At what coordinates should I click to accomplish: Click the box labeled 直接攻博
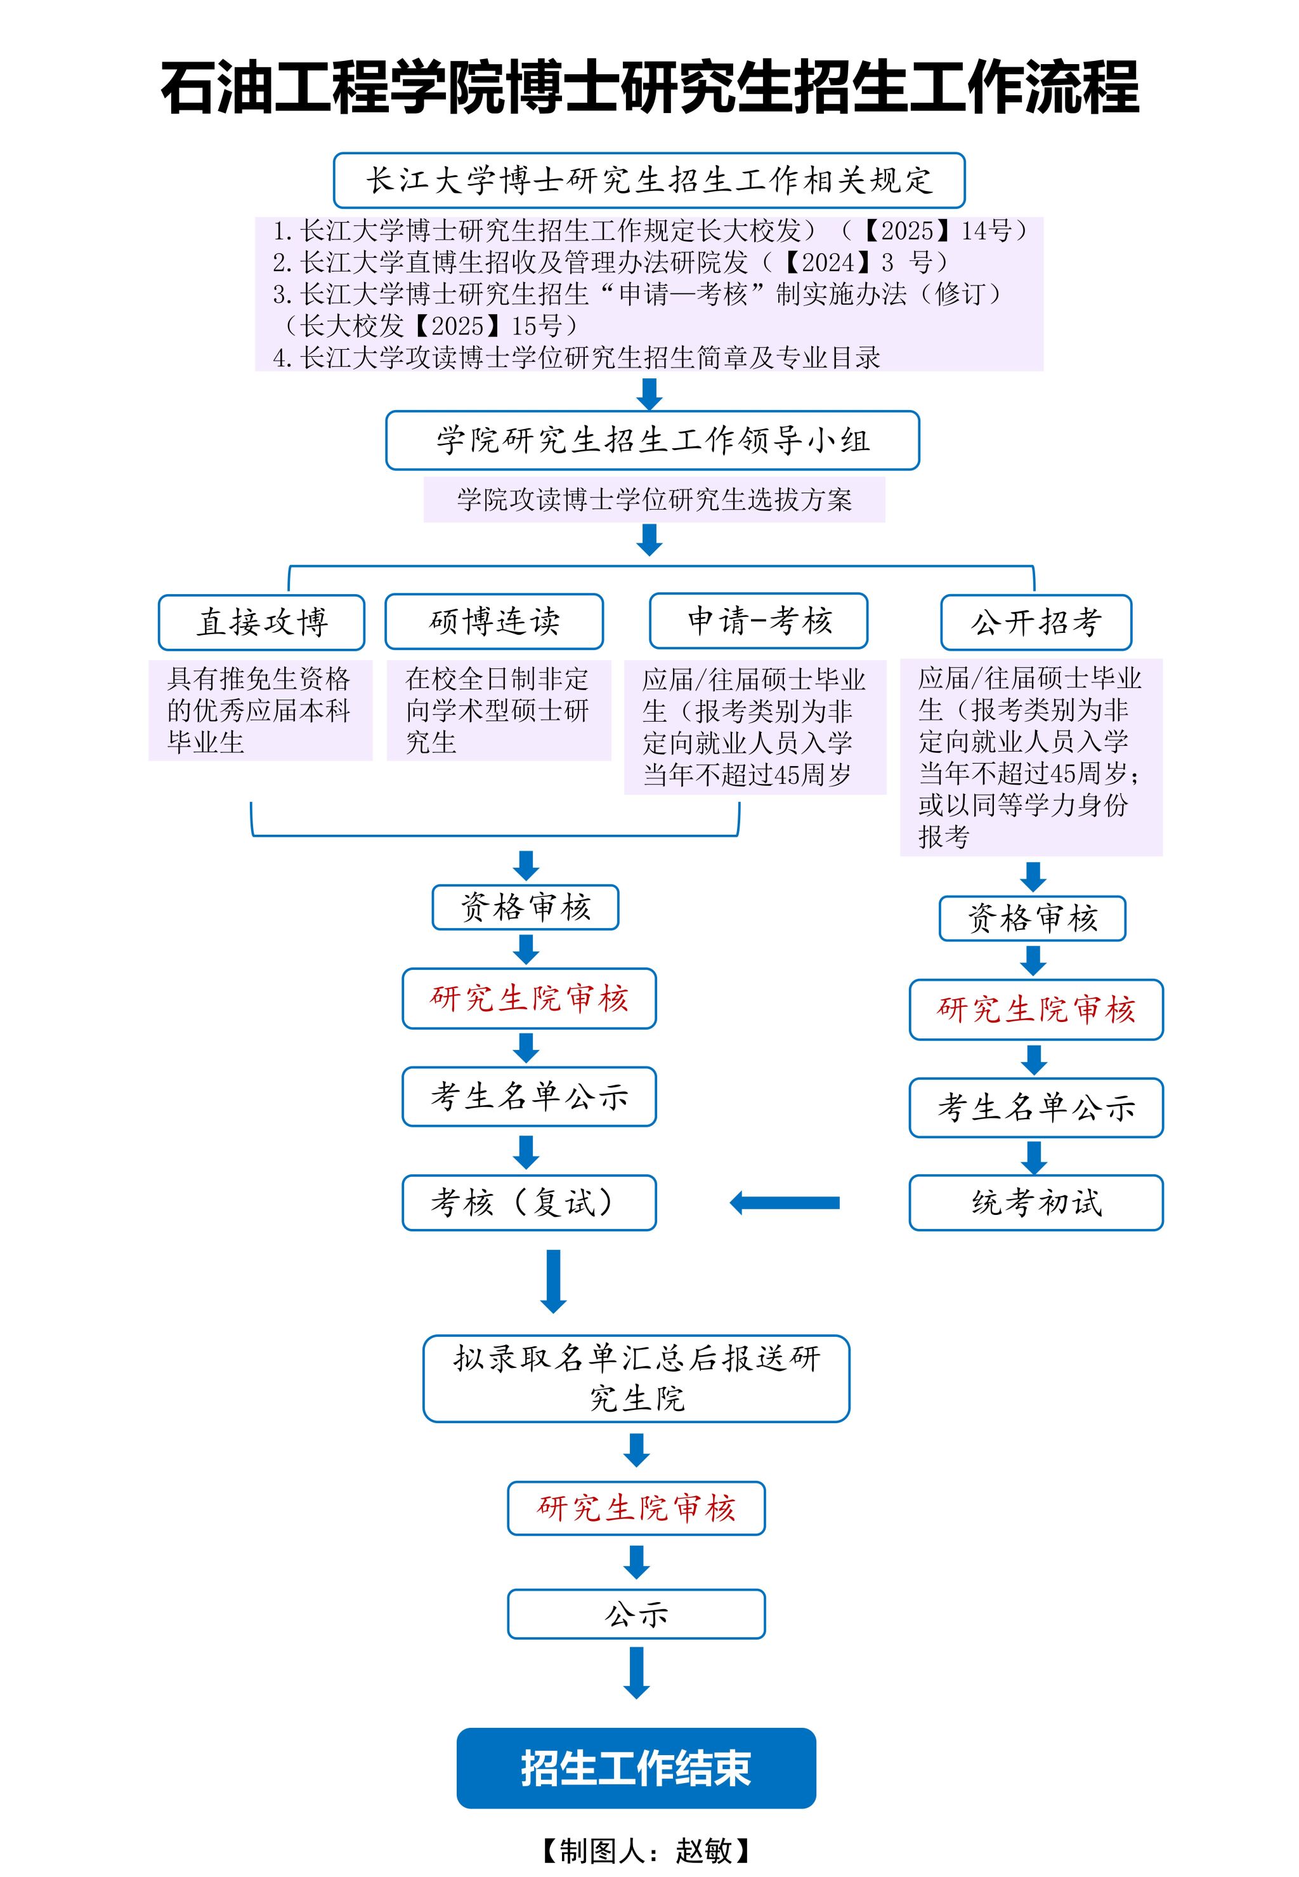coord(261,622)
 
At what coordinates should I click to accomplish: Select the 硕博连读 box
coord(494,621)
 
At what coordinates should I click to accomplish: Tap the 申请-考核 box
coord(759,621)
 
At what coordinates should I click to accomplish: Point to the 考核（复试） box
coord(529,1202)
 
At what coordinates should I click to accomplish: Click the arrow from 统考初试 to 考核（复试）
coord(785,1203)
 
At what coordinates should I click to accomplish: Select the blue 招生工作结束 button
coord(636,1768)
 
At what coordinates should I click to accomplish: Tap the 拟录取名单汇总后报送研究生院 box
coord(636,1379)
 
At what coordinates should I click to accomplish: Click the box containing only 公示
coord(636,1613)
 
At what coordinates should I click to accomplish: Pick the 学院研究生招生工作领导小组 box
coord(652,441)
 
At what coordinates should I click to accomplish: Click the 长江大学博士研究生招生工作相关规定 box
coord(649,180)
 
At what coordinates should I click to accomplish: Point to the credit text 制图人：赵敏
coord(646,1851)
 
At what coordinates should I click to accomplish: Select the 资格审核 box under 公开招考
coord(1032,919)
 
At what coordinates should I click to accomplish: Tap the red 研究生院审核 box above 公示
coord(636,1508)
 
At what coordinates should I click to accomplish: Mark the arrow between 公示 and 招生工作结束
coord(636,1672)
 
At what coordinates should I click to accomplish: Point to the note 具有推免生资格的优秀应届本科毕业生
coord(259,710)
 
